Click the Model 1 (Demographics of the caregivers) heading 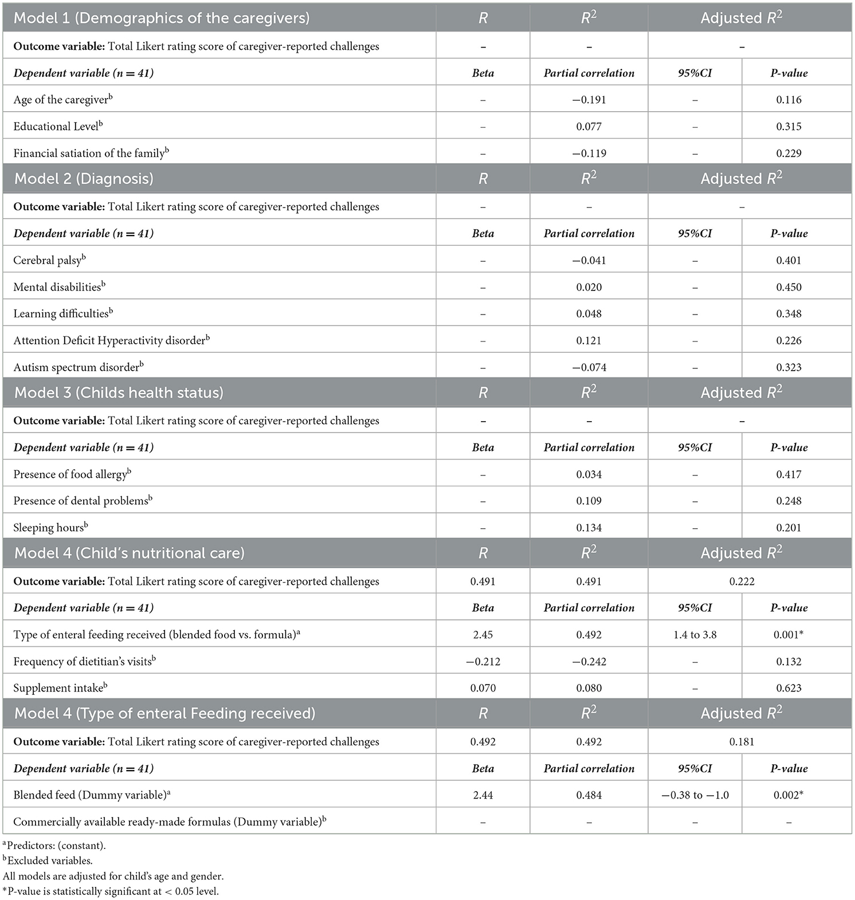162,18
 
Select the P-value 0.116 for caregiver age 789,100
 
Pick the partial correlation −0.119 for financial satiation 589,154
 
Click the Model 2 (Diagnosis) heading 84,179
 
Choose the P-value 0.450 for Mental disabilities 789,287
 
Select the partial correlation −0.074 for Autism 589,367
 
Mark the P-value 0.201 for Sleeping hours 789,528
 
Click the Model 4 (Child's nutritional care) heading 130,553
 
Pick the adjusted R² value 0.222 742,581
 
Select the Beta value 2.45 483,635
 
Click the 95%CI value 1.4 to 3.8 695,635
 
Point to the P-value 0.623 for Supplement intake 789,688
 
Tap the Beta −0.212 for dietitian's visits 483,662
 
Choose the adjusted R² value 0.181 742,742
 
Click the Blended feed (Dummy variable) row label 92,795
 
